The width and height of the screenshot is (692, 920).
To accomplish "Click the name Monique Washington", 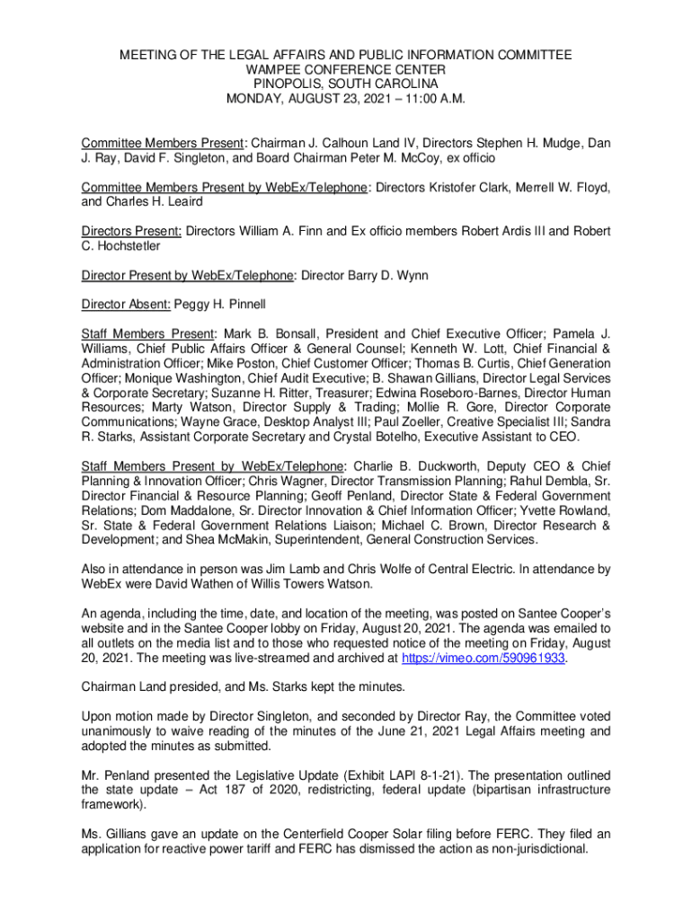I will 185,379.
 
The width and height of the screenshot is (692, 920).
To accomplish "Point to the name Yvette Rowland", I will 566,510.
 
